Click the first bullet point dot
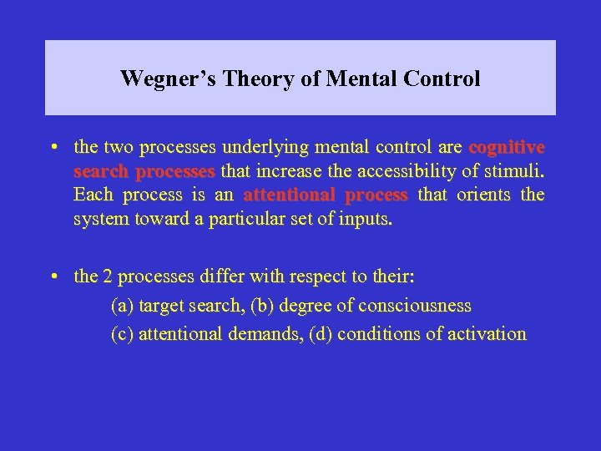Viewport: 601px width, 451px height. [x=53, y=148]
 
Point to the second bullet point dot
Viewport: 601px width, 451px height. [x=53, y=275]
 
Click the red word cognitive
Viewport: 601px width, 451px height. [x=507, y=148]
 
